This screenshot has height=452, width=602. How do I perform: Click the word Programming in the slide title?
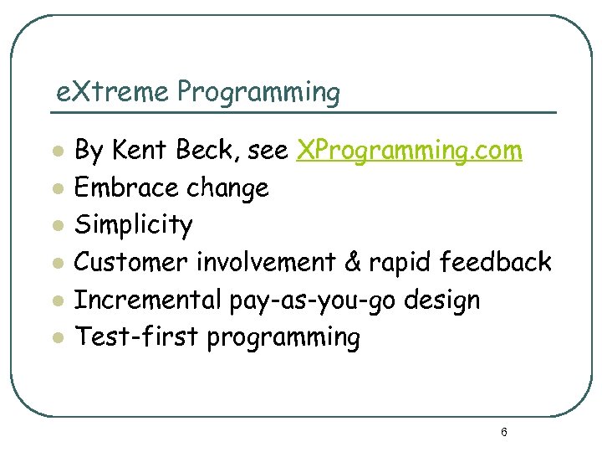coord(258,92)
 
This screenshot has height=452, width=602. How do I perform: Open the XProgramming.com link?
coord(410,152)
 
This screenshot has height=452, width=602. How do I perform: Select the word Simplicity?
coord(134,226)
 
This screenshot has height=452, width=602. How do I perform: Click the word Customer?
coord(132,262)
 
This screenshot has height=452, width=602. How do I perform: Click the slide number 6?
coord(504,433)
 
